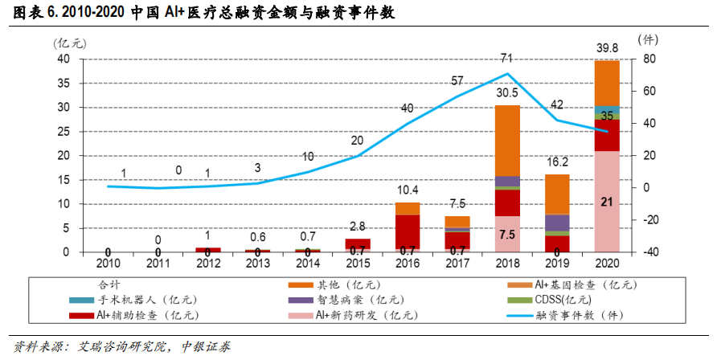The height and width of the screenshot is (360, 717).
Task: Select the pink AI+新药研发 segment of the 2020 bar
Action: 607,201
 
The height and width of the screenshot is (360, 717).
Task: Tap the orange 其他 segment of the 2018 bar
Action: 506,140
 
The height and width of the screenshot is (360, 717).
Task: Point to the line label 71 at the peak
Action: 506,59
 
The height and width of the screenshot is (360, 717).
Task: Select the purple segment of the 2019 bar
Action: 557,223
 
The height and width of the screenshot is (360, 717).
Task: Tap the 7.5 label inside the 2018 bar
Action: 506,235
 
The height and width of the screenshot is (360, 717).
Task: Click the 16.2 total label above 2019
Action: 557,160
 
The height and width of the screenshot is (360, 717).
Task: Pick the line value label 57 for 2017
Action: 457,80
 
